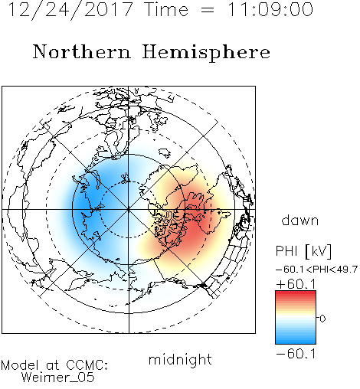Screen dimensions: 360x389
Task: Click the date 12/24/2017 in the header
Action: [x=70, y=9]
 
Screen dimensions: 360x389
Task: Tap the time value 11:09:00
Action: [x=270, y=9]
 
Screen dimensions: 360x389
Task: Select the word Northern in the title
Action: [x=82, y=51]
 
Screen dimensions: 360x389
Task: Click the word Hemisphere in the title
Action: [x=206, y=52]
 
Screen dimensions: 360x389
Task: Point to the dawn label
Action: [x=300, y=220]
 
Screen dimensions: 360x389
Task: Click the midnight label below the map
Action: [x=180, y=360]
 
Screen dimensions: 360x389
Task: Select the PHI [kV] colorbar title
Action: [x=303, y=251]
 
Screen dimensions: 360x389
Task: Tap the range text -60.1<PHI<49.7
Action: [x=316, y=270]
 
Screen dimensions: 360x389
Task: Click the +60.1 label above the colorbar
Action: [x=296, y=284]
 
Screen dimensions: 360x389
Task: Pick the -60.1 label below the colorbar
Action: [x=296, y=354]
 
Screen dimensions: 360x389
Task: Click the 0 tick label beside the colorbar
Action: [x=322, y=319]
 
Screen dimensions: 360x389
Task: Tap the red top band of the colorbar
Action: [x=296, y=293]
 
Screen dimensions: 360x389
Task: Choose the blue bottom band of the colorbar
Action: [x=296, y=341]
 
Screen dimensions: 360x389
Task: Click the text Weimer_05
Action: [x=58, y=378]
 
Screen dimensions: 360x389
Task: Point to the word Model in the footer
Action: [x=20, y=365]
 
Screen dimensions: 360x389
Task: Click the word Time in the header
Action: [x=166, y=9]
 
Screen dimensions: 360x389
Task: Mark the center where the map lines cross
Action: [x=129, y=209]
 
